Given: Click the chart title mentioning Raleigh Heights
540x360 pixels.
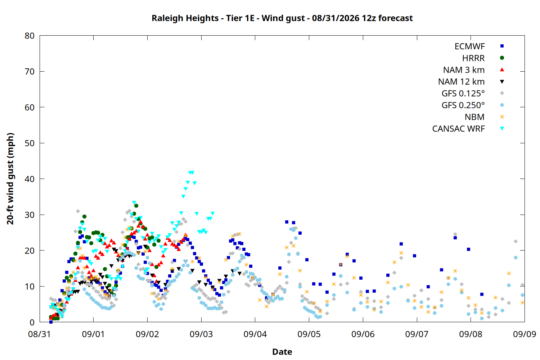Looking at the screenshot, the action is tap(282, 18).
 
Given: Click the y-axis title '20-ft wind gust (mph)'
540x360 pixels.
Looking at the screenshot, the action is tap(10, 179).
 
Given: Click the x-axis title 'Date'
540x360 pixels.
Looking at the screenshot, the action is tap(282, 352).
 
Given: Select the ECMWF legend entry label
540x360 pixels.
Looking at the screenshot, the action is tap(469, 46).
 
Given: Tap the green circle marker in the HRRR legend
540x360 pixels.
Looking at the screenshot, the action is tap(502, 58).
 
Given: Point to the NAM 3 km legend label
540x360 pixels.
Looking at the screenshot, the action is tap(464, 70).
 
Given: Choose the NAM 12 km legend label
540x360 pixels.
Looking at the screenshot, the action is tap(461, 82).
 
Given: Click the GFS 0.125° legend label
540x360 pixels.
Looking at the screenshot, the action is tap(463, 93).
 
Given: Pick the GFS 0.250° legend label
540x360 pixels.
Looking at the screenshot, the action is tap(463, 105).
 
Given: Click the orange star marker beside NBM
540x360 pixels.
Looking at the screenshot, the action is tap(502, 117).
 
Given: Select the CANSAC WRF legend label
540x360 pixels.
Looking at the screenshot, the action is tap(459, 129).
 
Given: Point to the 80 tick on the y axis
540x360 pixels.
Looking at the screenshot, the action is tap(30, 36).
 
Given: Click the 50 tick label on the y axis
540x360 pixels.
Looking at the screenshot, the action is tap(30, 143).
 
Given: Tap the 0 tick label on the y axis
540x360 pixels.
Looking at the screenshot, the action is tap(32, 322).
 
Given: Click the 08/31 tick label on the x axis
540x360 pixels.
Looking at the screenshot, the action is tap(40, 334).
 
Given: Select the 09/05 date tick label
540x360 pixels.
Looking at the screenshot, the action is tap(309, 334).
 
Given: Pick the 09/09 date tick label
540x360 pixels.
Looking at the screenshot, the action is tap(524, 334).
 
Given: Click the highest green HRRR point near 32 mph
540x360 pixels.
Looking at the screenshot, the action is tap(136, 206).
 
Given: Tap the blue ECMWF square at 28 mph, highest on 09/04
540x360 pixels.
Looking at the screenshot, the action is tap(287, 222).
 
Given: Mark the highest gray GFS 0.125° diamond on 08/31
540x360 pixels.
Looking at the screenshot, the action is tap(78, 211).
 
